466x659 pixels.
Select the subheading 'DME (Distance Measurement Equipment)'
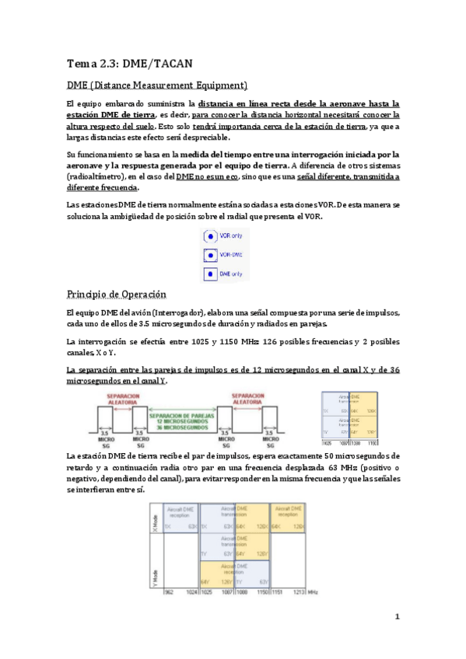point(157,85)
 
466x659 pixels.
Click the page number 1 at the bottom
point(396,617)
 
